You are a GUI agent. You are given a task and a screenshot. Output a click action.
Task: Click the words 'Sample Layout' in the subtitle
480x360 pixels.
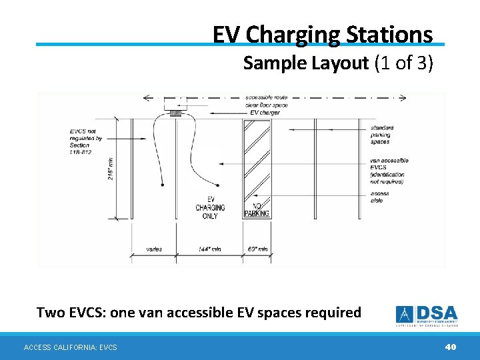[306, 63]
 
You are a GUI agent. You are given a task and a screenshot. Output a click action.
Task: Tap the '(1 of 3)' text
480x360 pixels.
[403, 63]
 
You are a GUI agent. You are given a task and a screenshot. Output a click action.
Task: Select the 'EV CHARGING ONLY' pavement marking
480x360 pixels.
[210, 207]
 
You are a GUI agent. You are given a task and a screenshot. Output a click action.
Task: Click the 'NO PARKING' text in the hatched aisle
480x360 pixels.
[257, 210]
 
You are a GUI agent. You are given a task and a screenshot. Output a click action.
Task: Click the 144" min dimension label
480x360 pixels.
[209, 249]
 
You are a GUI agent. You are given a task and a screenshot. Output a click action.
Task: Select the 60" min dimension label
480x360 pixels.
[257, 249]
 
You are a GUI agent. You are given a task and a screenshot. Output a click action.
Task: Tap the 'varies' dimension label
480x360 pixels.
[153, 249]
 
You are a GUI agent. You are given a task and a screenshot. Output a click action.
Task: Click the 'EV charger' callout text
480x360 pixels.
[265, 113]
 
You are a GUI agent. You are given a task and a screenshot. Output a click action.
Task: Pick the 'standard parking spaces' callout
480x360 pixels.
[382, 135]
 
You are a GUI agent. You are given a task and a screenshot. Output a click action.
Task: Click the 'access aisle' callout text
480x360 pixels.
[379, 197]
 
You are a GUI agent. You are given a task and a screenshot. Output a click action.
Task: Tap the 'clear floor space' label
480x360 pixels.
[266, 105]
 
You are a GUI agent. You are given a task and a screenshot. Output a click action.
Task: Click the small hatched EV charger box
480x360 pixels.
[176, 113]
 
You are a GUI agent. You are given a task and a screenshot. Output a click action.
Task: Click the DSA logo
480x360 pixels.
[427, 315]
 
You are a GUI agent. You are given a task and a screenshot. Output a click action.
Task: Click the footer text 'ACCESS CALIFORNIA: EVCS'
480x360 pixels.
[70, 347]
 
